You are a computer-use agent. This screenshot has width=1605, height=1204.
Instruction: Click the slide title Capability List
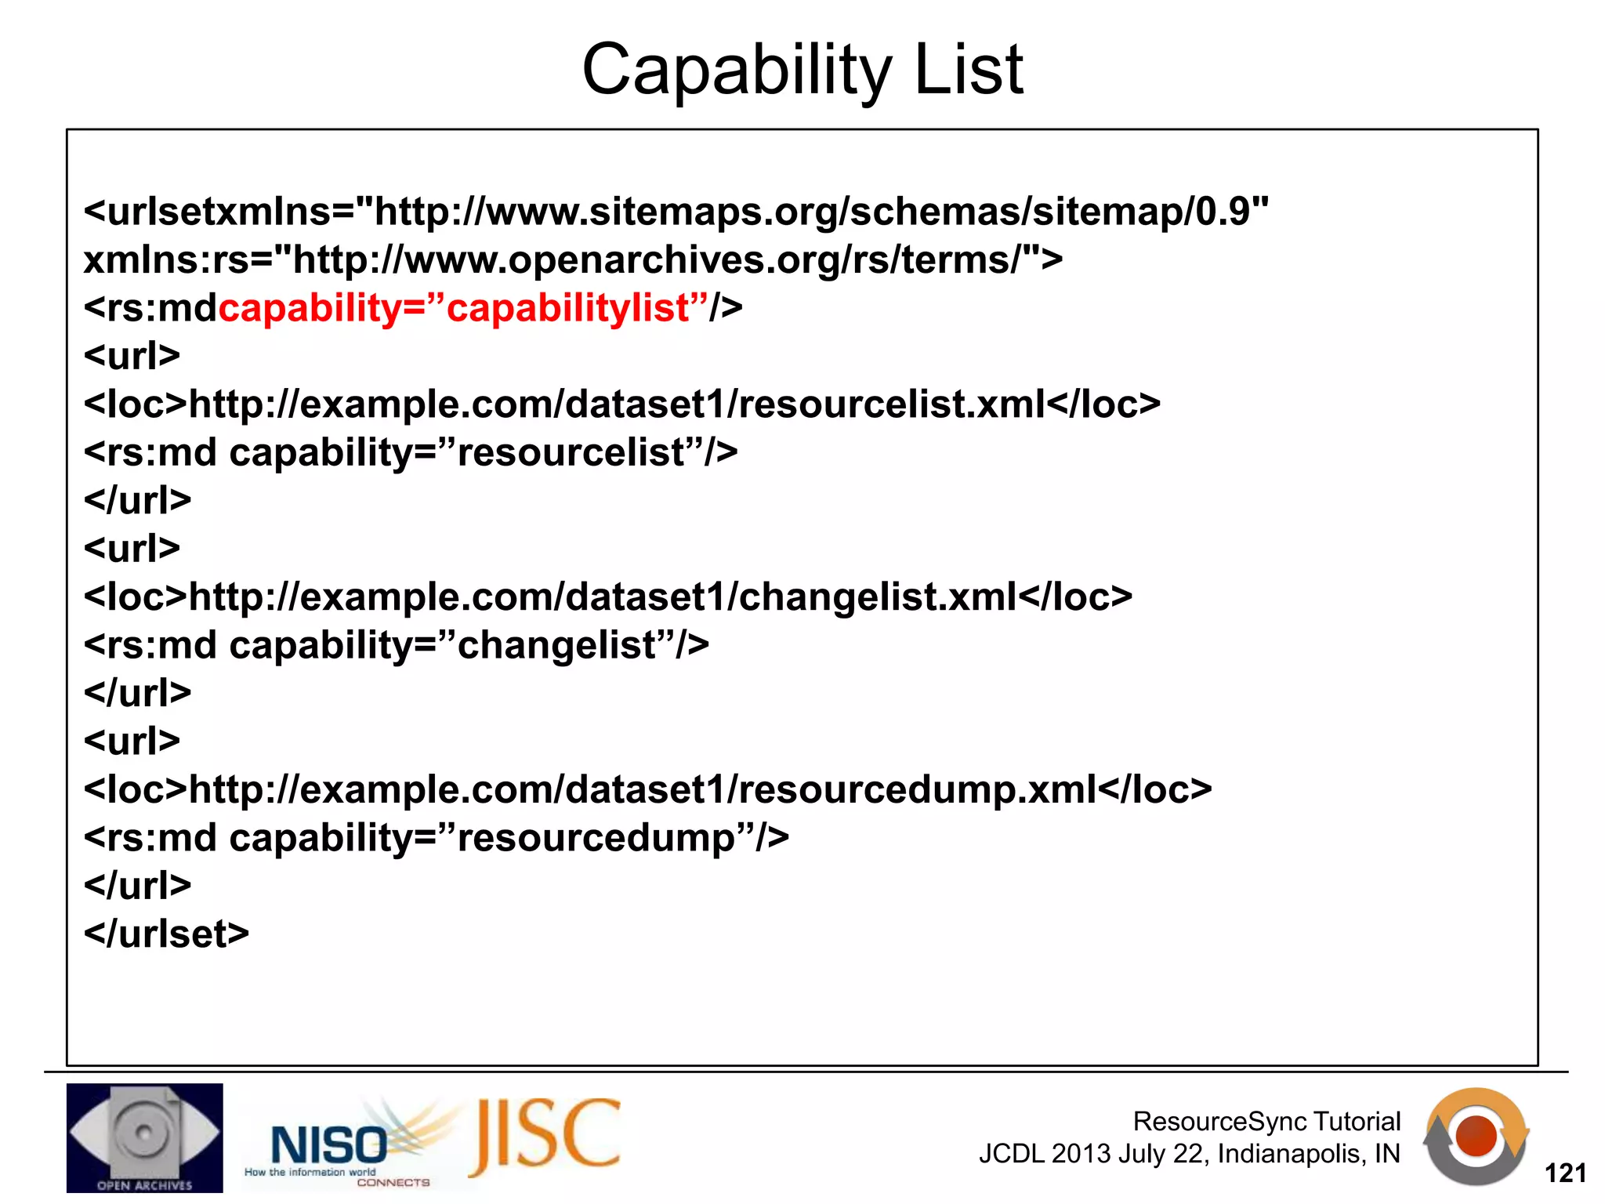pyautogui.click(x=802, y=71)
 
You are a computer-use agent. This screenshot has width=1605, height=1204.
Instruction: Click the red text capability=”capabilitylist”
pyautogui.click(x=462, y=308)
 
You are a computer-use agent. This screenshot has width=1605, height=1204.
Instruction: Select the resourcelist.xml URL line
pyautogui.click(x=621, y=404)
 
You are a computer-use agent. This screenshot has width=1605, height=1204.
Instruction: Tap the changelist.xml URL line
pyautogui.click(x=607, y=597)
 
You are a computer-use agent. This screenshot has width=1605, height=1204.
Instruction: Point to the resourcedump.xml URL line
pyautogui.click(x=647, y=789)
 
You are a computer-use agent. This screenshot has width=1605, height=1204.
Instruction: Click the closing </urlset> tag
pyautogui.click(x=166, y=934)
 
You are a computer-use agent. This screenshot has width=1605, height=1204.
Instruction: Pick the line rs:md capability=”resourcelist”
pyautogui.click(x=410, y=453)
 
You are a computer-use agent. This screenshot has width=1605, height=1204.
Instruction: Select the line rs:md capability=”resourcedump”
pyautogui.click(x=436, y=838)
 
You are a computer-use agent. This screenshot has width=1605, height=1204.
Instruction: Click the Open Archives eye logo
pyautogui.click(x=144, y=1137)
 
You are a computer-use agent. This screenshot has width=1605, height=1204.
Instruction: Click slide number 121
pyautogui.click(x=1565, y=1173)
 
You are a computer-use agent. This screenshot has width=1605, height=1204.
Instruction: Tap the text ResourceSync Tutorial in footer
pyautogui.click(x=1266, y=1122)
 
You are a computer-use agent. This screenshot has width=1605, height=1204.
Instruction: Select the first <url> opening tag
pyautogui.click(x=132, y=357)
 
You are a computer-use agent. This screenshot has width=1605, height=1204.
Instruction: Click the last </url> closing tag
pyautogui.click(x=137, y=886)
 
